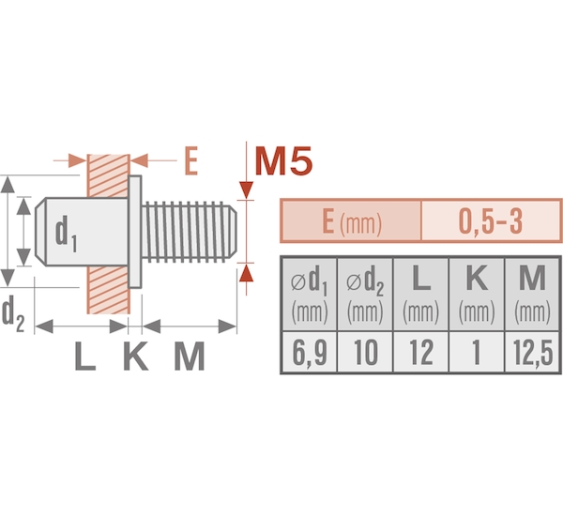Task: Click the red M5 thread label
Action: [x=283, y=160]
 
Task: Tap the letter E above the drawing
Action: [x=191, y=160]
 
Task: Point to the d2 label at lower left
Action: [x=13, y=313]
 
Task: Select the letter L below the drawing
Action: [x=85, y=356]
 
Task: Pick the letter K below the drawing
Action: [x=136, y=356]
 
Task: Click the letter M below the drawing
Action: [x=190, y=356]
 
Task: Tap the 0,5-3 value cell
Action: [x=491, y=220]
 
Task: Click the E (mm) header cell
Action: [x=352, y=220]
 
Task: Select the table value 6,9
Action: [x=310, y=352]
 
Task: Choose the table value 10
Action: [x=366, y=352]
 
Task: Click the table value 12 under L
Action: [x=421, y=352]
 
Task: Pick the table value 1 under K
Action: [x=477, y=352]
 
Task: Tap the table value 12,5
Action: [x=532, y=352]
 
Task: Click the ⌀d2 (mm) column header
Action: [x=365, y=294]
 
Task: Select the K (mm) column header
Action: [x=477, y=294]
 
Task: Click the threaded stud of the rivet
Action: [x=189, y=232]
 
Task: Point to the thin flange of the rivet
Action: [x=134, y=232]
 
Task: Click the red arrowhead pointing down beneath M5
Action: [x=246, y=190]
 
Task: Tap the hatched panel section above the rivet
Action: [x=109, y=175]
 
